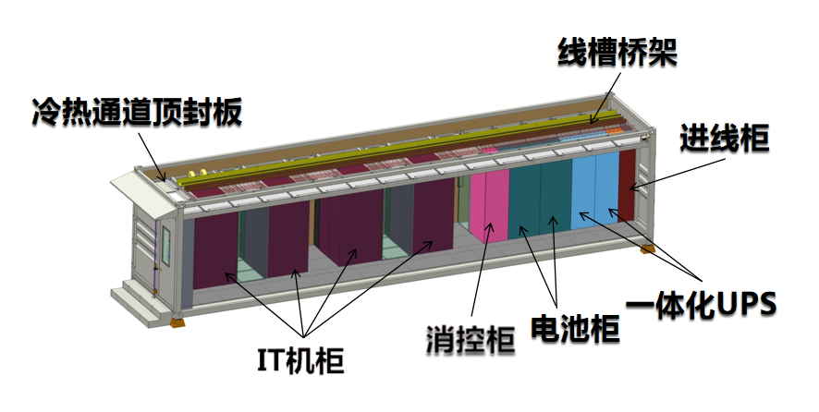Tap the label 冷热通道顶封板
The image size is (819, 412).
pos(136,113)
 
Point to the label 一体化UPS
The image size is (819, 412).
pos(703,301)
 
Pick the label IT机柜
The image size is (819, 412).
pos(299,358)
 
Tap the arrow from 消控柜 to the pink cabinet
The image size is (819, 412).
pos(481,268)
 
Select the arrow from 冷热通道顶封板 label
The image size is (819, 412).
pos(153,153)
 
